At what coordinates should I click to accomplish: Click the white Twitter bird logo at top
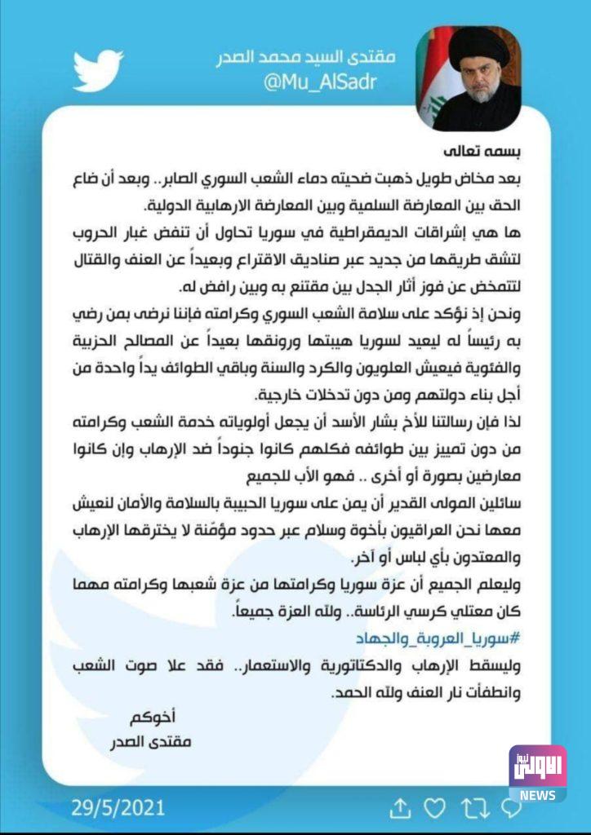(98, 70)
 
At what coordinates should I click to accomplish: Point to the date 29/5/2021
(118, 808)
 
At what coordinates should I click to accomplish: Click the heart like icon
(436, 808)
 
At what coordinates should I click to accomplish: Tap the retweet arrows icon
(473, 808)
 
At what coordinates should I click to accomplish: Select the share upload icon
(399, 808)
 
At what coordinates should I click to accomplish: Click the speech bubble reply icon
(511, 808)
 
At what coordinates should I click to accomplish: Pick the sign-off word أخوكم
(153, 718)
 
